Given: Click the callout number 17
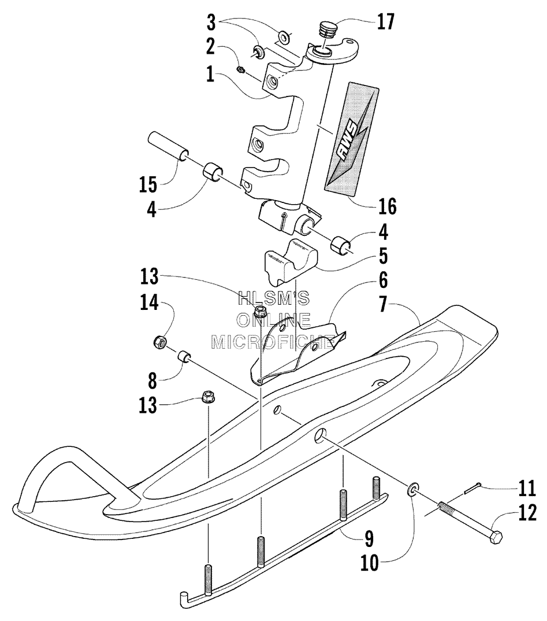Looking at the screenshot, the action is tap(386, 21).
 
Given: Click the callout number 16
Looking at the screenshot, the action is tap(387, 206).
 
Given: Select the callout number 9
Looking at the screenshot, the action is tap(369, 539).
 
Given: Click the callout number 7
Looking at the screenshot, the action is tap(383, 304).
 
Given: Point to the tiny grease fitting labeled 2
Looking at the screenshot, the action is tap(241, 70).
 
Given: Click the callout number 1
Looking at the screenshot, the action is tap(210, 74).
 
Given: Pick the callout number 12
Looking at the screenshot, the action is tap(527, 512).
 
